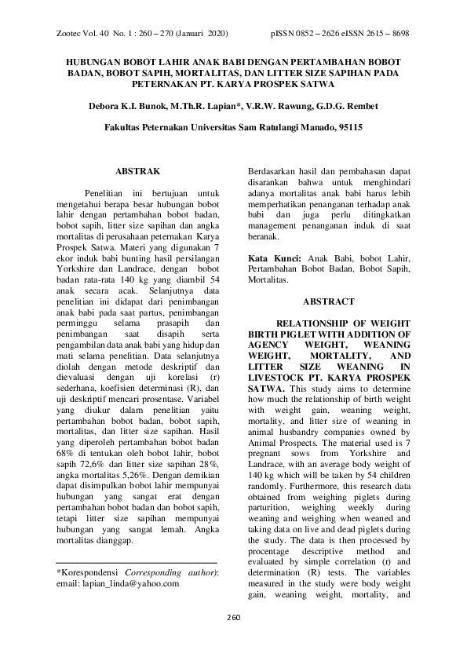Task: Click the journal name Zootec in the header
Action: point(72,35)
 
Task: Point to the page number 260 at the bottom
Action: point(233,637)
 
